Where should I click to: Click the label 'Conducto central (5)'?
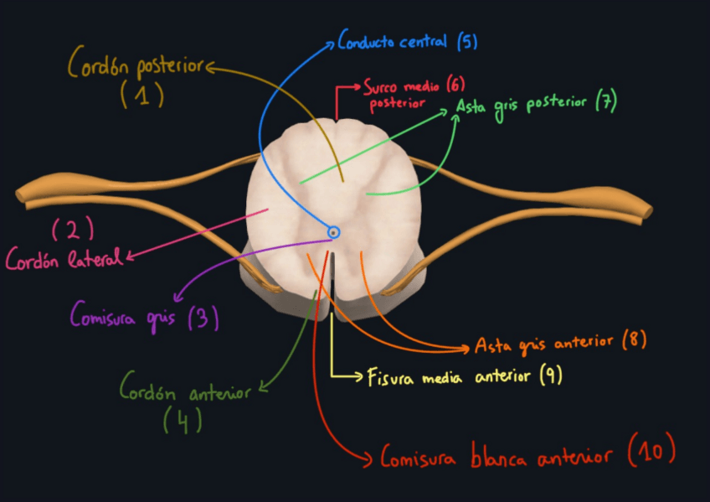pyautogui.click(x=407, y=41)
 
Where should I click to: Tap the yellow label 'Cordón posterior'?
pyautogui.click(x=136, y=63)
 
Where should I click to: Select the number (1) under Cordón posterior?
pyautogui.click(x=141, y=96)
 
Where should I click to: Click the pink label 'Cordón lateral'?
pyautogui.click(x=64, y=260)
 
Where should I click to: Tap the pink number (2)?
pyautogui.click(x=73, y=229)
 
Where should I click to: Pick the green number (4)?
pyautogui.click(x=183, y=420)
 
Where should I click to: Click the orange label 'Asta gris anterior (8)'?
pyautogui.click(x=559, y=344)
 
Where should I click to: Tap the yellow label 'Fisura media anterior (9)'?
pyautogui.click(x=464, y=376)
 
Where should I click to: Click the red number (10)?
pyautogui.click(x=651, y=453)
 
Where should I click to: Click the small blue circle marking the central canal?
pyautogui.click(x=333, y=232)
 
